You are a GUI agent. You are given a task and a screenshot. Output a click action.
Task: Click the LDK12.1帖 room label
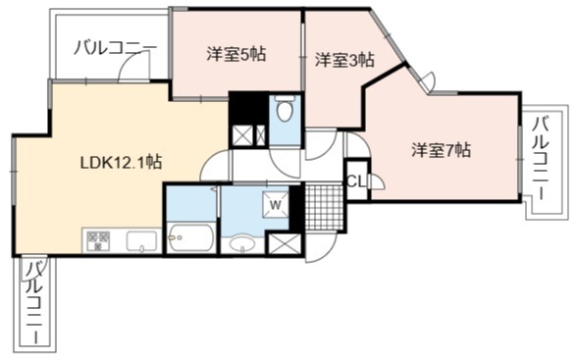[121, 162]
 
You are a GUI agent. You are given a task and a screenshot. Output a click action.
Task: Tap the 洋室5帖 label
[236, 55]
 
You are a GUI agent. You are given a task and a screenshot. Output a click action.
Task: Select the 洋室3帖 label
[344, 60]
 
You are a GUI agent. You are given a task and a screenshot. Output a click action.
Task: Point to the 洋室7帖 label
[441, 150]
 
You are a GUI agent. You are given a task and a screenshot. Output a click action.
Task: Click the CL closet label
[356, 181]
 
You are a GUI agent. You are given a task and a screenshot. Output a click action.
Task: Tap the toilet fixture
[285, 108]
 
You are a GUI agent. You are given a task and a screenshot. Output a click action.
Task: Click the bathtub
[191, 237]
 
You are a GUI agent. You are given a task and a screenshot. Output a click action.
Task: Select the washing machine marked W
[276, 205]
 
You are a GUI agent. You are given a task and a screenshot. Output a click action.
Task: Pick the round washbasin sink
[242, 244]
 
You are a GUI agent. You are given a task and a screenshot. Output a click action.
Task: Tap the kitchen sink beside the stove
[142, 241]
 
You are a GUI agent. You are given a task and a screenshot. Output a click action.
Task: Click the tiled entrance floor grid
[324, 208]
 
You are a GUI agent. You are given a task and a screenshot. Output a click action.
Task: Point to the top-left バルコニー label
[115, 48]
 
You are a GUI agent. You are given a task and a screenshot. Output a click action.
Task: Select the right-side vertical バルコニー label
[542, 158]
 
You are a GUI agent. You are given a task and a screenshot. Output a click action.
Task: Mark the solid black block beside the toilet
[248, 108]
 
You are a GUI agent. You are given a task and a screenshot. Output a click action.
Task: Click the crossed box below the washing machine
[285, 243]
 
